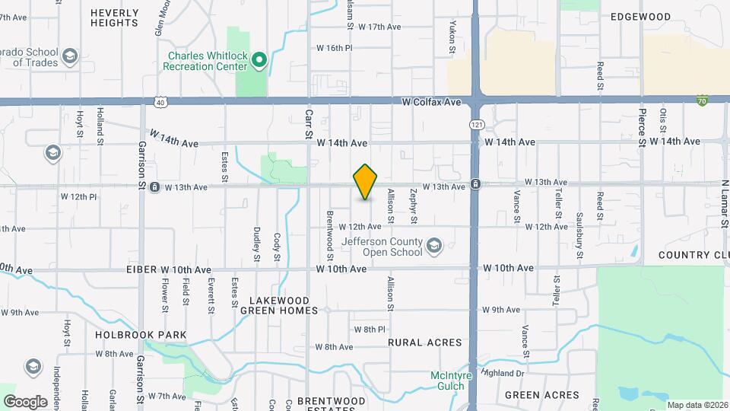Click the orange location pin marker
(x=365, y=182)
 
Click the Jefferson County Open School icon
(x=434, y=245)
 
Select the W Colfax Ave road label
(x=432, y=101)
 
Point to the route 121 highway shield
(x=476, y=123)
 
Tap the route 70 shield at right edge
(x=702, y=100)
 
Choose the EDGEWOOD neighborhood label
(x=641, y=17)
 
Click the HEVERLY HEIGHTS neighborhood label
(x=114, y=18)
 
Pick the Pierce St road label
(x=643, y=126)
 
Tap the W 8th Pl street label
(x=370, y=329)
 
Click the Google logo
(x=25, y=401)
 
